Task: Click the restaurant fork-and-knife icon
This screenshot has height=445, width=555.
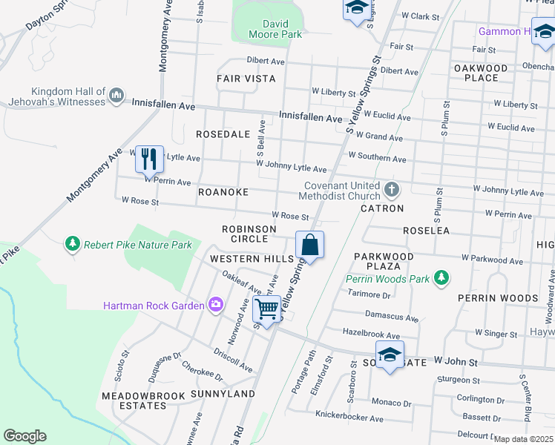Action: (149, 159)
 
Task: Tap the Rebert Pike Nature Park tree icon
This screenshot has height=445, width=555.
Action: (72, 244)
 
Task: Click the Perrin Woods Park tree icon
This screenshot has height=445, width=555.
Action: (441, 278)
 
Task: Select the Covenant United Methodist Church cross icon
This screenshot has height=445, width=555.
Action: (392, 191)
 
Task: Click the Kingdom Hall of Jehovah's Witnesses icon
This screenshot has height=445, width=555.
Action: (116, 96)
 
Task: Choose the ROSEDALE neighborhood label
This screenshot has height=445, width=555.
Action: (220, 134)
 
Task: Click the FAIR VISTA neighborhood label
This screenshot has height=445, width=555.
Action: (246, 78)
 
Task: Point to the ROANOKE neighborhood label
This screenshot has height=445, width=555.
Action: (223, 191)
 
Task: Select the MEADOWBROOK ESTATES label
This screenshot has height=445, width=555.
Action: (143, 400)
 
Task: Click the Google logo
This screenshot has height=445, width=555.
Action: (24, 436)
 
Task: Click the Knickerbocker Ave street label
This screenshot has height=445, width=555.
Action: (349, 418)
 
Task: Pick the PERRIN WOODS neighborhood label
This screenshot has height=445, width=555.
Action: (497, 297)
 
